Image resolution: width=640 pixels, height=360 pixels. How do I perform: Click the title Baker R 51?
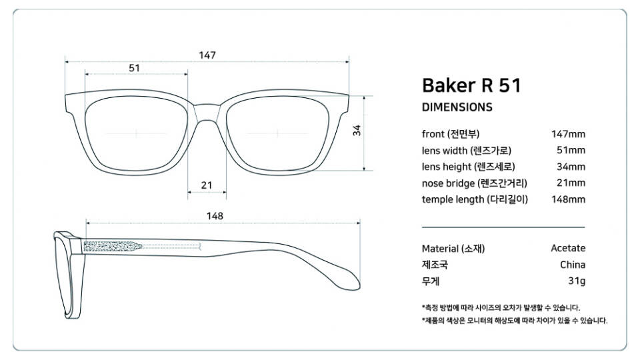pyautogui.click(x=471, y=85)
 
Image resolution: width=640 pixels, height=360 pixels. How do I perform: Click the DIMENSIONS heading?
pyautogui.click(x=457, y=107)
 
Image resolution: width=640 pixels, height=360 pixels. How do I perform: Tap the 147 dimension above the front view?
pyautogui.click(x=207, y=55)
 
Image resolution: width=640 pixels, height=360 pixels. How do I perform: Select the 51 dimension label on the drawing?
pyautogui.click(x=134, y=67)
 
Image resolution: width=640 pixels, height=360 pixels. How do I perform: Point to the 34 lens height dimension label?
pyautogui.click(x=357, y=131)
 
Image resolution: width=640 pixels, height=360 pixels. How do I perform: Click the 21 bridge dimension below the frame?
pyautogui.click(x=207, y=185)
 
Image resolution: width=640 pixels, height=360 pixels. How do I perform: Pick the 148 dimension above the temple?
pyautogui.click(x=215, y=215)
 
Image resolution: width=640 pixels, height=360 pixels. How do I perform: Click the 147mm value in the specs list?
pyautogui.click(x=568, y=134)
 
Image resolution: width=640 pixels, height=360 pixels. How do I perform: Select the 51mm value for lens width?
pyautogui.click(x=571, y=150)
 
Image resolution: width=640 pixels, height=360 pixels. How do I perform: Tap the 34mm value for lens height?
pyautogui.click(x=571, y=167)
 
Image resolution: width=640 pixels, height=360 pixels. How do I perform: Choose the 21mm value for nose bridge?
pyautogui.click(x=571, y=183)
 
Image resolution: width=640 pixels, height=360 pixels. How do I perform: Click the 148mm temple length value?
pyautogui.click(x=568, y=199)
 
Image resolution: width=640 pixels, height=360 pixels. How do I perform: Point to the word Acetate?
pyautogui.click(x=568, y=248)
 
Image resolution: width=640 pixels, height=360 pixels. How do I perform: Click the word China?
pyautogui.click(x=573, y=265)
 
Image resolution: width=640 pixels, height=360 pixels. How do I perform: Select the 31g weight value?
pyautogui.click(x=577, y=281)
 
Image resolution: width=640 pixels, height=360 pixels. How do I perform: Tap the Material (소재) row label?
pyautogui.click(x=453, y=249)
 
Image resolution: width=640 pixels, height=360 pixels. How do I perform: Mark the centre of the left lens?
pyautogui.click(x=137, y=133)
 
